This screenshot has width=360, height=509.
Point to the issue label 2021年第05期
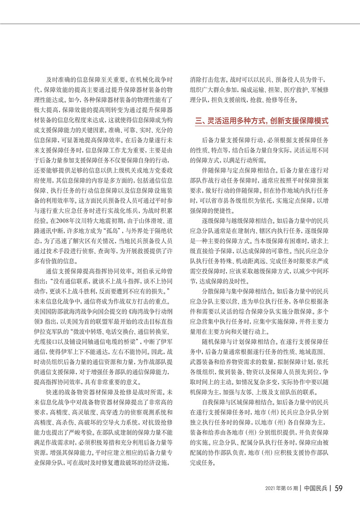point(282,489)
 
